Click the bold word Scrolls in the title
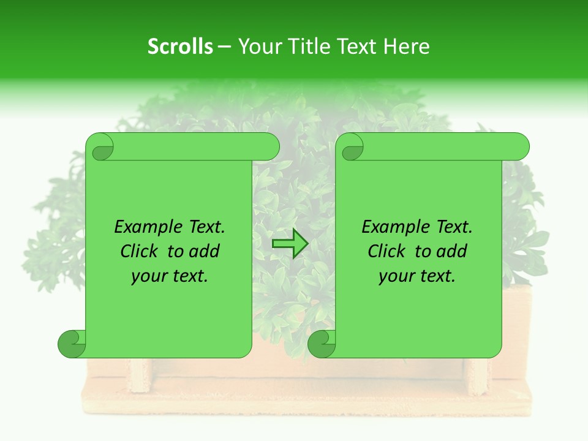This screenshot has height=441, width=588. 180,46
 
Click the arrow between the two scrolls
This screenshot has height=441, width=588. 290,244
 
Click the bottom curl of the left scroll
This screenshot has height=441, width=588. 72,344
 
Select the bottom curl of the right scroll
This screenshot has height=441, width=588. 322,344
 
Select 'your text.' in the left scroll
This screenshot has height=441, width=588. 170,276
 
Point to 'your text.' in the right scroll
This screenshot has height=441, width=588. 417,276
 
